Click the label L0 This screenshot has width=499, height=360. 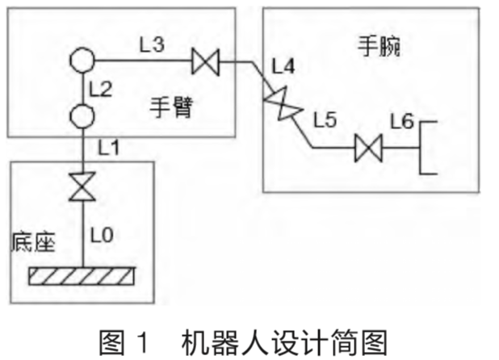click(x=102, y=236)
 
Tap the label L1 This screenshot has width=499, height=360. click(x=108, y=148)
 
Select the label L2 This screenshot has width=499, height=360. click(x=101, y=89)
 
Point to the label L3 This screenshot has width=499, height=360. click(x=152, y=44)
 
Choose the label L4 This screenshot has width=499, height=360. click(x=283, y=66)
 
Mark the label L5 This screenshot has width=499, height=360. click(x=325, y=120)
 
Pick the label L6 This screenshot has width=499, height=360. click(x=402, y=121)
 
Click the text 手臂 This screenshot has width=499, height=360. click(x=171, y=108)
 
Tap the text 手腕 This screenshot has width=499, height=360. click(x=379, y=47)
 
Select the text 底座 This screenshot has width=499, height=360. click(x=33, y=242)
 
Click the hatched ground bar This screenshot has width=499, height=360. click(x=82, y=276)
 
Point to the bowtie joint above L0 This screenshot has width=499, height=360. click(x=82, y=186)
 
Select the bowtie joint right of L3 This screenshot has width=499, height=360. click(x=206, y=61)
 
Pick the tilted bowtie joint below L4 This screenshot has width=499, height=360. click(x=283, y=103)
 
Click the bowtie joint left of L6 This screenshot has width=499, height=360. click(x=368, y=149)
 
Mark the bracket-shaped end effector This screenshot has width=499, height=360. click(x=420, y=148)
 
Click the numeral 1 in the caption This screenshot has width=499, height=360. click(x=144, y=342)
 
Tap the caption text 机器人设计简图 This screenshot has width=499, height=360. click(x=284, y=342)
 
